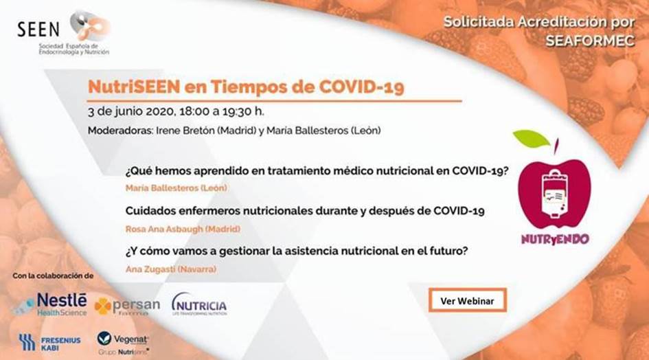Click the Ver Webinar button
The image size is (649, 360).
(467, 300)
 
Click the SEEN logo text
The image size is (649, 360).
(38, 28)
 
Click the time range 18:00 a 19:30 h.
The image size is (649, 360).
(221, 111)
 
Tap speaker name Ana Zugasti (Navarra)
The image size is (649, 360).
(170, 269)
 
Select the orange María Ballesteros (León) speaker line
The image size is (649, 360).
(176, 188)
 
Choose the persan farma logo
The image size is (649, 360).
(127, 306)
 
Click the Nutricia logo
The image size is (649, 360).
(198, 304)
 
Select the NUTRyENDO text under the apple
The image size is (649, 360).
(550, 240)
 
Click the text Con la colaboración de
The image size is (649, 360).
(54, 275)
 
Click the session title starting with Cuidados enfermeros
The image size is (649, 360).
(304, 211)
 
